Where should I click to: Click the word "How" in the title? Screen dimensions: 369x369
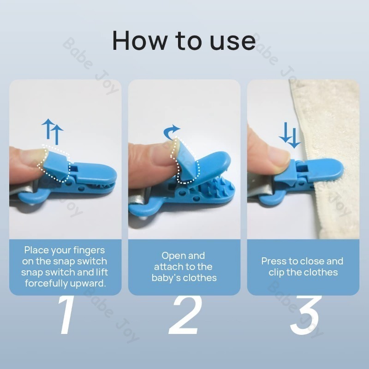[x=140, y=40]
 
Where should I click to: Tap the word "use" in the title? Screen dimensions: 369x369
[x=232, y=42]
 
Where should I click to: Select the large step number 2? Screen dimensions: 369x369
[x=185, y=315]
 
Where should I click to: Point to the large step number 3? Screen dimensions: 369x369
[x=305, y=315]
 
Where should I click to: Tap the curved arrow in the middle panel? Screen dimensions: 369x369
[x=171, y=131]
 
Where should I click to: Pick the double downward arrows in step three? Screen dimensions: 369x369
[x=290, y=135]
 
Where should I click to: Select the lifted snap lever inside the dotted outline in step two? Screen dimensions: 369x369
[x=187, y=161]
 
